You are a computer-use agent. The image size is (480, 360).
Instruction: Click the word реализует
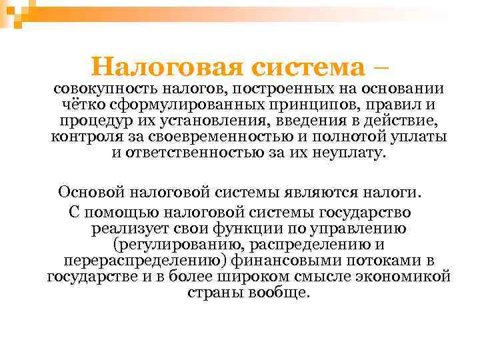coord(131,228)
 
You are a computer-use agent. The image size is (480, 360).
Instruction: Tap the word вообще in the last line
coord(279,292)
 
